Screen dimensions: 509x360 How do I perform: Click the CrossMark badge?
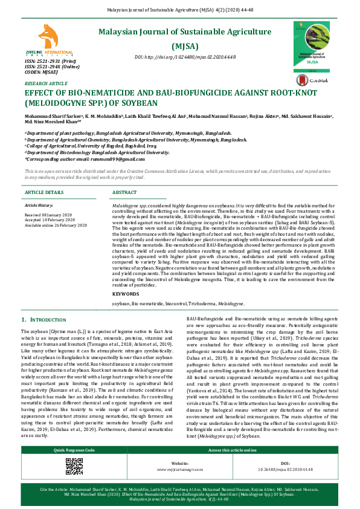tap(318, 79)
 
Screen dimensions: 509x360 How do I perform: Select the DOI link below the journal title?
tap(185, 57)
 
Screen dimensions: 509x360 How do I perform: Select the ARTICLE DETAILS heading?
tap(44, 192)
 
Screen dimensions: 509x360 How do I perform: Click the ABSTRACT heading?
tap(124, 192)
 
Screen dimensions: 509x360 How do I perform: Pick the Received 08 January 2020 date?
tap(48, 215)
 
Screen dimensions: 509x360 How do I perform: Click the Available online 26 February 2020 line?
tap(56, 225)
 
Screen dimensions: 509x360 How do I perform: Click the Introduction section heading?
tap(43, 319)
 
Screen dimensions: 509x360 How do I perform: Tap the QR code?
tap(74, 482)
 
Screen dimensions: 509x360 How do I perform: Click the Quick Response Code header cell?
tap(74, 467)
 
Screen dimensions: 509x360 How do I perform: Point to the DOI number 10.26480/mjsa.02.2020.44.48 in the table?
tap(284, 486)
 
